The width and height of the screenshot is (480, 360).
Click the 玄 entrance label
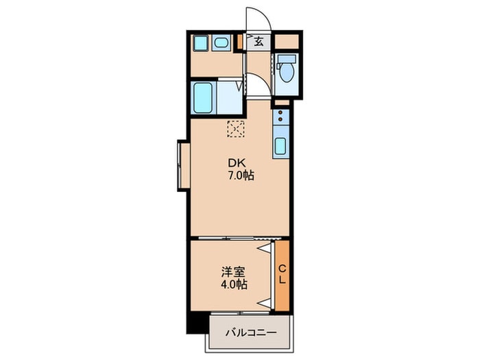(x=259, y=42)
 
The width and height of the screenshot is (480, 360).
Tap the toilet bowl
(x=285, y=70)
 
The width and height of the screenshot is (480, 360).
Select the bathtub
(x=204, y=98)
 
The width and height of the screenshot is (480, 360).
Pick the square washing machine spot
(x=201, y=43)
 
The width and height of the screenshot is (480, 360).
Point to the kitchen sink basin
(x=280, y=146)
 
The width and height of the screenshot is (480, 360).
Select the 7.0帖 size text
(x=241, y=176)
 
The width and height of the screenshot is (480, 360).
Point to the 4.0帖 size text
(x=234, y=284)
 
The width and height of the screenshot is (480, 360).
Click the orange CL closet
(x=283, y=274)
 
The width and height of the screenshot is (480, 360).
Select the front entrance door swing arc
(x=255, y=17)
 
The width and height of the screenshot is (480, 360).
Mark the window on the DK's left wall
(x=182, y=165)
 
